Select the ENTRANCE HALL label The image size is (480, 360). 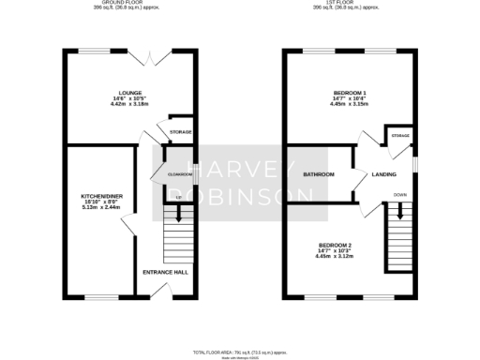pyautogui.click(x=165, y=272)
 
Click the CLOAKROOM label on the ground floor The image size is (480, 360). pyautogui.click(x=179, y=174)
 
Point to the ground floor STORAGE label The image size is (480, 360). pyautogui.click(x=180, y=132)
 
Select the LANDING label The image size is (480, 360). pyautogui.click(x=383, y=174)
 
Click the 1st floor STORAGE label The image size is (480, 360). pyautogui.click(x=401, y=136)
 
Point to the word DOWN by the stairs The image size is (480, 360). pyautogui.click(x=400, y=195)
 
